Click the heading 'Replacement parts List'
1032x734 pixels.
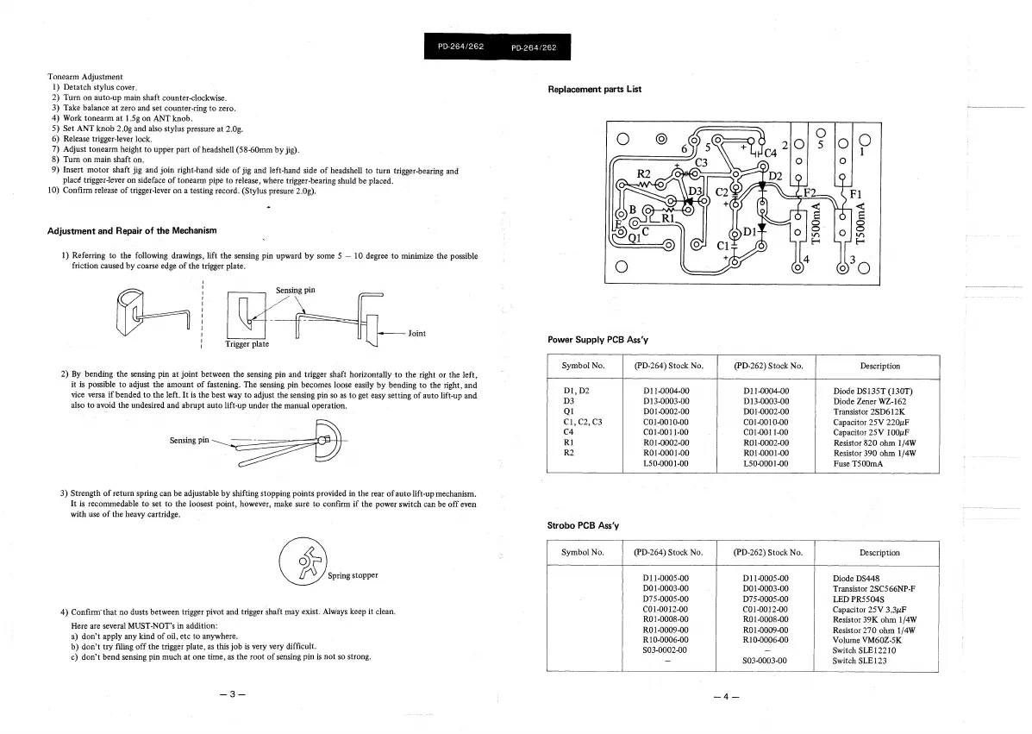594,89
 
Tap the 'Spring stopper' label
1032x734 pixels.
353,574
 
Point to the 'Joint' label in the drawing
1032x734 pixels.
417,333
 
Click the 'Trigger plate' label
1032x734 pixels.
247,344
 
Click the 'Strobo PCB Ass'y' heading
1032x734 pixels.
584,525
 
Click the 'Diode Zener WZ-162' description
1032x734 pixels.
870,401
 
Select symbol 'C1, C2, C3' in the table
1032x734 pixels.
581,422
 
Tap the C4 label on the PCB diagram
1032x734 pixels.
766,154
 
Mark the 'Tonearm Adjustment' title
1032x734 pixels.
85,78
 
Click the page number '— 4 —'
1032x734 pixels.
727,696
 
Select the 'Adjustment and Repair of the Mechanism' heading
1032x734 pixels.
132,231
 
